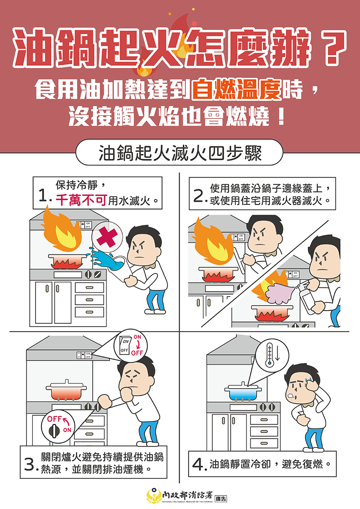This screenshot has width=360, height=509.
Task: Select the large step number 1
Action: (x=43, y=197)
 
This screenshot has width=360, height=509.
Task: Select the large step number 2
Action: (x=198, y=197)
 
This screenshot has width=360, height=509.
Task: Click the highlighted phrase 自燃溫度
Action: (x=236, y=90)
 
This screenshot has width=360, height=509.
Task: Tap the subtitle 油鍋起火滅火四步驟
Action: (x=180, y=153)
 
